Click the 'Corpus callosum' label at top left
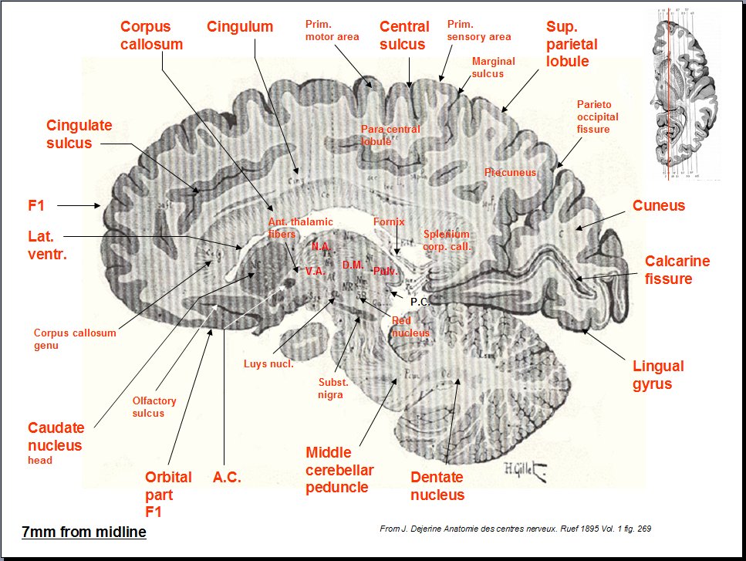(x=151, y=35)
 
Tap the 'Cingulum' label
(x=240, y=27)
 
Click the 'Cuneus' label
(x=658, y=205)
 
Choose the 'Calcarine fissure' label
(x=677, y=269)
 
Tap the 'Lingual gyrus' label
(x=658, y=374)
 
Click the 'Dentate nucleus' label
(x=437, y=485)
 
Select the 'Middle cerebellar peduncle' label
(x=339, y=469)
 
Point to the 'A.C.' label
(x=227, y=478)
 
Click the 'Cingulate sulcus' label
(x=79, y=133)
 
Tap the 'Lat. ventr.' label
(x=46, y=245)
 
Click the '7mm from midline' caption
(x=83, y=532)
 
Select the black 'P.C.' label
(x=419, y=302)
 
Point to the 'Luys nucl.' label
(x=268, y=363)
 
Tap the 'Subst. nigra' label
(x=333, y=388)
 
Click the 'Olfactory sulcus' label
(x=154, y=407)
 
